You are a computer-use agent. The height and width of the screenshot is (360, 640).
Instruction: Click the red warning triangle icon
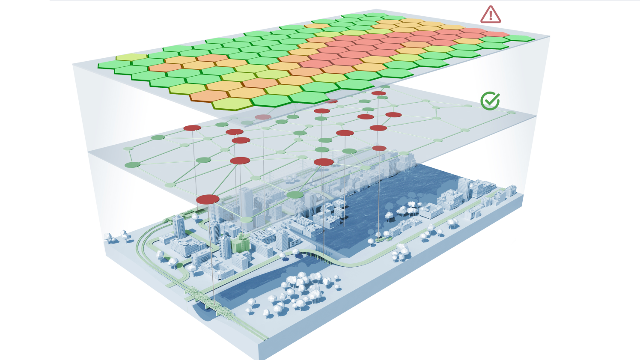tap(491, 15)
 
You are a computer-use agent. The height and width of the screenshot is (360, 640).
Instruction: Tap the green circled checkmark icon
tap(490, 101)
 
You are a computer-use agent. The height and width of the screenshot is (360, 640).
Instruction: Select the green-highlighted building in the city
tap(240, 244)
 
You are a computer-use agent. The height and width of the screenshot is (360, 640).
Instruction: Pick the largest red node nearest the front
tap(208, 199)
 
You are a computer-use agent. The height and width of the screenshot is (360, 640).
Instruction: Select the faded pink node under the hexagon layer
tap(263, 117)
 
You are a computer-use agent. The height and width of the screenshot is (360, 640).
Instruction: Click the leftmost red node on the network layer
tap(192, 128)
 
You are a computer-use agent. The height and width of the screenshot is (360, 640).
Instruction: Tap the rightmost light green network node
tap(511, 113)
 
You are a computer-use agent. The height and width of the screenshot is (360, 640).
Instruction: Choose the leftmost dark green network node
tap(132, 165)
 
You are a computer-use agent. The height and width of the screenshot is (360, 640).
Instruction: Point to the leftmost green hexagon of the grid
tap(114, 65)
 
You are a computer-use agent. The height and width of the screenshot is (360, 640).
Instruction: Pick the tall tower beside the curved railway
tap(179, 227)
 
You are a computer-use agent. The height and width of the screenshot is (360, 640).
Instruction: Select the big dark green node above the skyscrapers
tap(295, 195)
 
